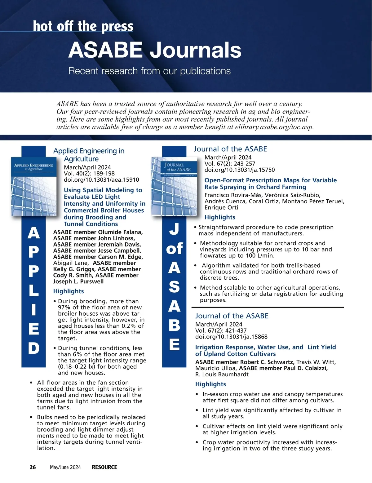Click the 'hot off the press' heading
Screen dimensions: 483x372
pyautogui.click(x=83, y=26)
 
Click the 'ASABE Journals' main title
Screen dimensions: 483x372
pyautogui.click(x=155, y=50)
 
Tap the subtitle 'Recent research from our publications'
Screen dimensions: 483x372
pyautogui.click(x=149, y=71)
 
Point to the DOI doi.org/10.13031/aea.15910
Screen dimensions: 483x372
pyautogui.click(x=101, y=180)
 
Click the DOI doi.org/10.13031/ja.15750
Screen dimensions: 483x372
pyautogui.click(x=239, y=170)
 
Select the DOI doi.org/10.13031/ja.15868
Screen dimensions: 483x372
pyautogui.click(x=231, y=337)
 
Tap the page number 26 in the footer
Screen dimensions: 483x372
pyautogui.click(x=33, y=467)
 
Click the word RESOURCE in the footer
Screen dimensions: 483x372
pyautogui.click(x=104, y=467)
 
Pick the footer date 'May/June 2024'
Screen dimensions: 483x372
pyautogui.click(x=65, y=467)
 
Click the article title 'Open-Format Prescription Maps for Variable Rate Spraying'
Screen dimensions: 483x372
pyautogui.click(x=270, y=184)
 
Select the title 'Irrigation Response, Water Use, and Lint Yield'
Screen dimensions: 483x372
pyautogui.click(x=265, y=350)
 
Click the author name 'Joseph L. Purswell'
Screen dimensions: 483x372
pyautogui.click(x=78, y=281)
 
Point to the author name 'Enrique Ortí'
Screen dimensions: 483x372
pyautogui.click(x=221, y=207)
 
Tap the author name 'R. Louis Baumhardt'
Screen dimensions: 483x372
pyautogui.click(x=222, y=374)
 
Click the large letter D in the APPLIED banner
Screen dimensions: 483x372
pyautogui.click(x=34, y=348)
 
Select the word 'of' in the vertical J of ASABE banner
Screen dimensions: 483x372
pyautogui.click(x=174, y=249)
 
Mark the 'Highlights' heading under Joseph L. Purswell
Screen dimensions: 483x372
pyautogui.click(x=69, y=291)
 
